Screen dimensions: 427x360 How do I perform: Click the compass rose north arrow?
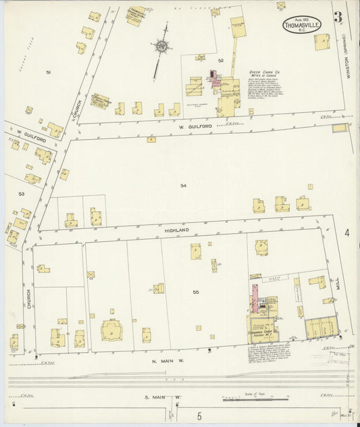coord(162,47)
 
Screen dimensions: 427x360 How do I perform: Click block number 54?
coord(183,185)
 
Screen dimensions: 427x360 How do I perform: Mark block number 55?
coord(196,292)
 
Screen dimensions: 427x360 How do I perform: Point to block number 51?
coord(48,72)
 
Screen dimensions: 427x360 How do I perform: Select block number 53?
coord(22,194)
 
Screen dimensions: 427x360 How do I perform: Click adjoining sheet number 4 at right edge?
coord(346,234)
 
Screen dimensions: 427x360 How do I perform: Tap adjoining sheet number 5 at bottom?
coord(199,416)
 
